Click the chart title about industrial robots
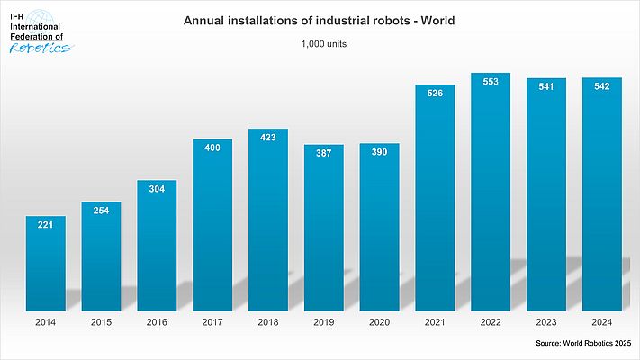[x=320, y=20]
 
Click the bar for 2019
[x=323, y=234]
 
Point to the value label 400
[x=212, y=147]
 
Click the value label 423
[x=268, y=138]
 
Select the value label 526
[x=435, y=93]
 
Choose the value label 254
[x=101, y=210]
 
